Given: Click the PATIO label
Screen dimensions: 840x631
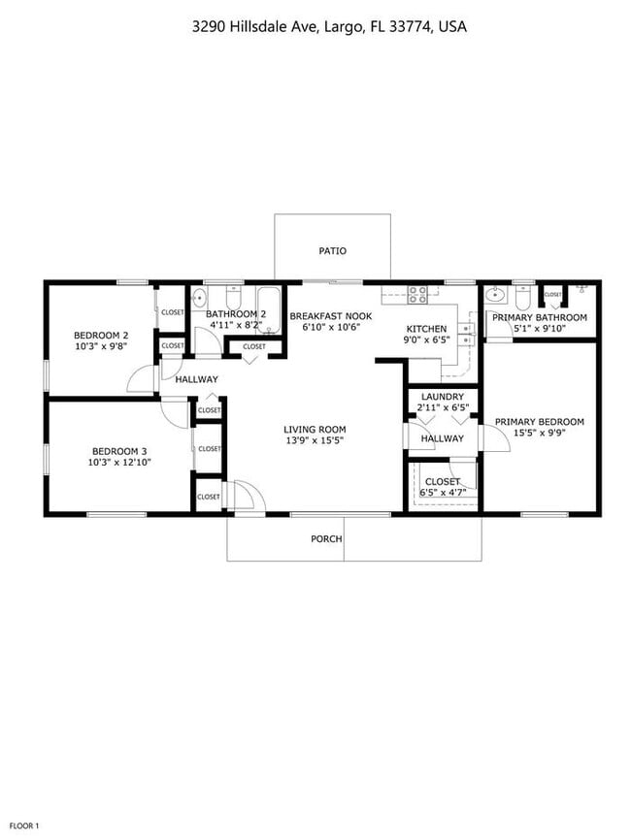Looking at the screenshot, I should tap(332, 251).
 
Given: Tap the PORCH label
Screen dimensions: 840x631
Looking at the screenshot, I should tap(326, 538).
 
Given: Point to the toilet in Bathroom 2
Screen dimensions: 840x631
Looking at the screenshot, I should tap(233, 297).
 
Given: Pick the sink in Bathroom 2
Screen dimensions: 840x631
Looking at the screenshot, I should tap(199, 298).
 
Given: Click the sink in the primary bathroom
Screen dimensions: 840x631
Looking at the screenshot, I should tap(495, 297).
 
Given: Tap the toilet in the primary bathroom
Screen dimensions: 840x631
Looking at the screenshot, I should tap(524, 296).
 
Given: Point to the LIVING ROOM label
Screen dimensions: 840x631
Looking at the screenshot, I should tap(315, 429).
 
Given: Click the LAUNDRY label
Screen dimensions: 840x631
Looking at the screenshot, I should tap(442, 397).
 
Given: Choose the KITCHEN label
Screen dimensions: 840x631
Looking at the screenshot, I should tap(426, 329).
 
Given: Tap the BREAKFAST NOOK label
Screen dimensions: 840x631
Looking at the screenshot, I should tap(331, 316).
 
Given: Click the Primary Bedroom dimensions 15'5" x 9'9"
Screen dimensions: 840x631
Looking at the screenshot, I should tap(539, 434).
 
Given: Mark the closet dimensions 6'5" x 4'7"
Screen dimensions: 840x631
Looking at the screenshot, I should tap(442, 493).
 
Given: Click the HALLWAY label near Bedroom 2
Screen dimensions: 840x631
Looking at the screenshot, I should tap(196, 379).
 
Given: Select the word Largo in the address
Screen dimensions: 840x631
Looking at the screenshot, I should tap(344, 27).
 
